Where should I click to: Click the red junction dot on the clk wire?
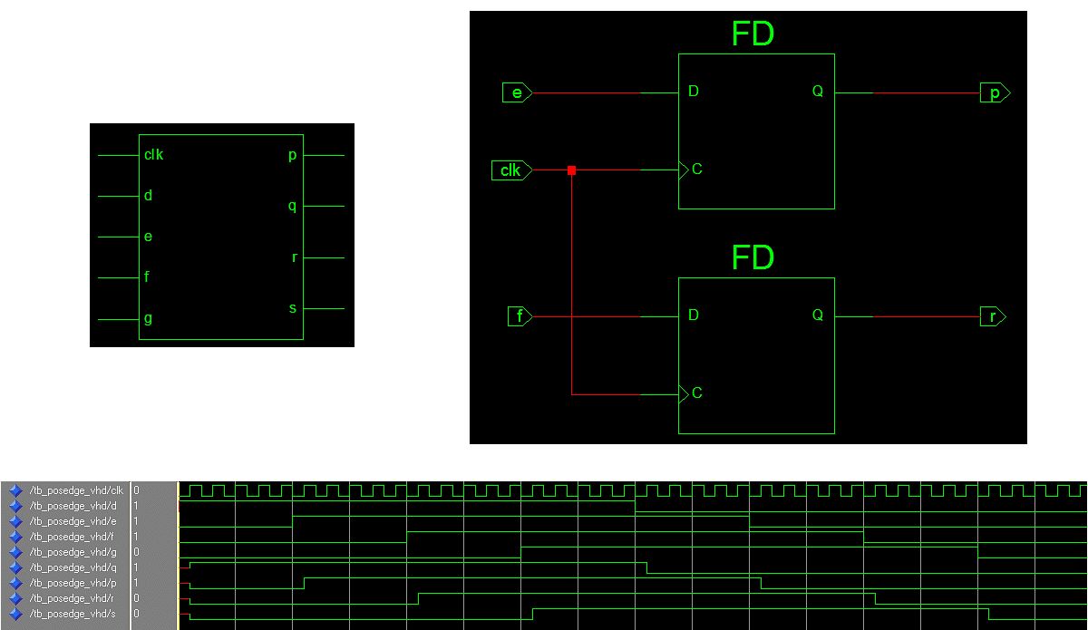[x=571, y=170]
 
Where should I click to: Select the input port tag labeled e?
[x=517, y=92]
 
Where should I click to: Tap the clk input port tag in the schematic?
[x=511, y=170]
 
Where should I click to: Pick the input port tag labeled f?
[x=520, y=316]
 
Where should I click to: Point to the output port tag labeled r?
[x=993, y=316]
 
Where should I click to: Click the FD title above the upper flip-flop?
[x=753, y=34]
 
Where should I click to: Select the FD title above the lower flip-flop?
[x=753, y=258]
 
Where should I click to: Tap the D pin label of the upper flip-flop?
[x=694, y=92]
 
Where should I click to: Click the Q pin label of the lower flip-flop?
[x=817, y=315]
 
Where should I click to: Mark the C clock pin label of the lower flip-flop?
[x=696, y=393]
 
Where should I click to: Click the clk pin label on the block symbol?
[x=153, y=155]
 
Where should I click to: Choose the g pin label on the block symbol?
[x=147, y=318]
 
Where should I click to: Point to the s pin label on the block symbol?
[x=292, y=308]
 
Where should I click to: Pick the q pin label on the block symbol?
[x=292, y=206]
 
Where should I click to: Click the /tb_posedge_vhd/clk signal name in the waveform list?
[x=76, y=489]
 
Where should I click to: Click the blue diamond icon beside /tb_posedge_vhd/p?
[x=15, y=583]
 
